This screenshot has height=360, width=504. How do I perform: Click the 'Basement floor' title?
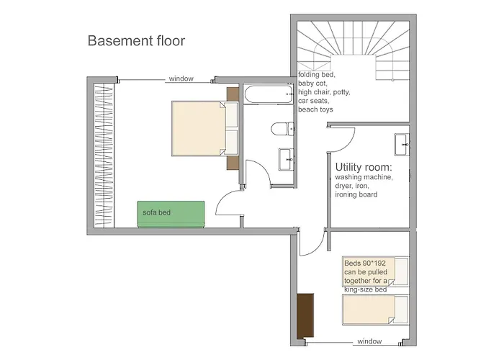click(136, 41)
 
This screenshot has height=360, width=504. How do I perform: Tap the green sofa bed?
click(171, 214)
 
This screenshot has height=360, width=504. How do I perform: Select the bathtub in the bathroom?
click(269, 94)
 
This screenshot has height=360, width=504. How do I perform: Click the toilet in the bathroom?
click(282, 129)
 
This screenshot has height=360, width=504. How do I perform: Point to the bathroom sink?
click(286, 159)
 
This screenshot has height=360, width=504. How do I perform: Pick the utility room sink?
click(402, 145)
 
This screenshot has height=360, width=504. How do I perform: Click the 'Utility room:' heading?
click(364, 167)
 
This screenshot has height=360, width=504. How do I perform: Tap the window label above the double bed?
click(181, 78)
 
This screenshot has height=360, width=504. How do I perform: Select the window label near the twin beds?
click(369, 341)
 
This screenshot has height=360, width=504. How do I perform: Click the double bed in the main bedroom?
click(205, 129)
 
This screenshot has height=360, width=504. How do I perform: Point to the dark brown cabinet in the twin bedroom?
click(305, 315)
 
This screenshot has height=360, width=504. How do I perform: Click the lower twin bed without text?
click(375, 310)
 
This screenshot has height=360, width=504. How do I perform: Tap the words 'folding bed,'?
click(317, 75)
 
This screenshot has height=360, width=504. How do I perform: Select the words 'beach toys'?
click(315, 109)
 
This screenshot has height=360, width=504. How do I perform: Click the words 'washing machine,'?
click(364, 177)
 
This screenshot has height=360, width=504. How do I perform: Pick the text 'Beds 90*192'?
click(365, 264)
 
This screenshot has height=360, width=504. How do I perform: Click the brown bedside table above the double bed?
click(233, 94)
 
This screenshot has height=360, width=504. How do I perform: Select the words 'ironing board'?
click(356, 195)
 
